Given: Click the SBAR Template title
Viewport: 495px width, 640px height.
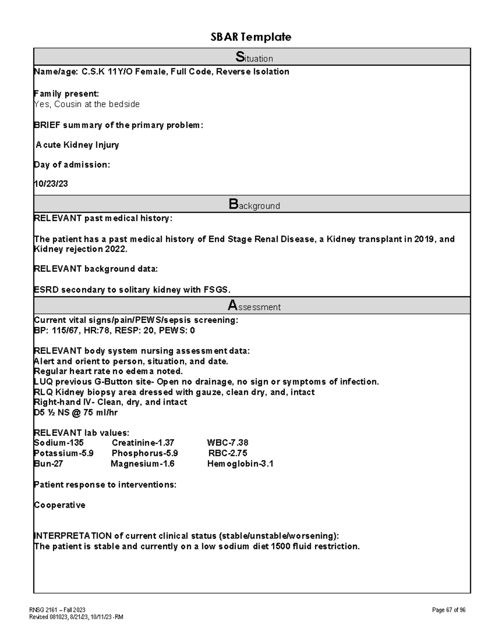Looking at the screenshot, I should tap(251, 37).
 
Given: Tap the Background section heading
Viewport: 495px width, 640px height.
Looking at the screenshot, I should tap(254, 204).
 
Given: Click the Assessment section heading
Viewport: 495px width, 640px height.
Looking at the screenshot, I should tap(254, 306).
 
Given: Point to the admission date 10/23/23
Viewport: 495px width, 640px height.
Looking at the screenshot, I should tap(51, 184).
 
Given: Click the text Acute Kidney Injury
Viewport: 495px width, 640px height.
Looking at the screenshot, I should tap(78, 145).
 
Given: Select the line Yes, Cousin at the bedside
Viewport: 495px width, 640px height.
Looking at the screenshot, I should tap(87, 104).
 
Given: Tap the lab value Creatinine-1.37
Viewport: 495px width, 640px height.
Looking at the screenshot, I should tap(143, 443).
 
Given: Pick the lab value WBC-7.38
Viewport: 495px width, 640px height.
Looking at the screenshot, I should tap(228, 443).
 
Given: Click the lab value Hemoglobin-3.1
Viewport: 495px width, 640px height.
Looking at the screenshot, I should tap(240, 464).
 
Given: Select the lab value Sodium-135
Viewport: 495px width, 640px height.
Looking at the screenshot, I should tap(59, 443).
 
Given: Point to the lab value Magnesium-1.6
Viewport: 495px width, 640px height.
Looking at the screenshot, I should tap(142, 464).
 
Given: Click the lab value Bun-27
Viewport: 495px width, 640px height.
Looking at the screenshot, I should tap(48, 464).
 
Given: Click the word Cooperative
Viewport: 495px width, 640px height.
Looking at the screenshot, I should tap(59, 505).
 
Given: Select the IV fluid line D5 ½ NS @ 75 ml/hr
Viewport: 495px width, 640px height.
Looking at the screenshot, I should tap(76, 413).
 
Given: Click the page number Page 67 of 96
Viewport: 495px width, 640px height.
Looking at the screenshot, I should tap(448, 610).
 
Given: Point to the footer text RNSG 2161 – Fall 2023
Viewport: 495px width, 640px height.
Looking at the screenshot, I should tap(57, 610).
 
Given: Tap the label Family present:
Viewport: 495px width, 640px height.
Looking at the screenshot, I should tap(66, 94).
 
